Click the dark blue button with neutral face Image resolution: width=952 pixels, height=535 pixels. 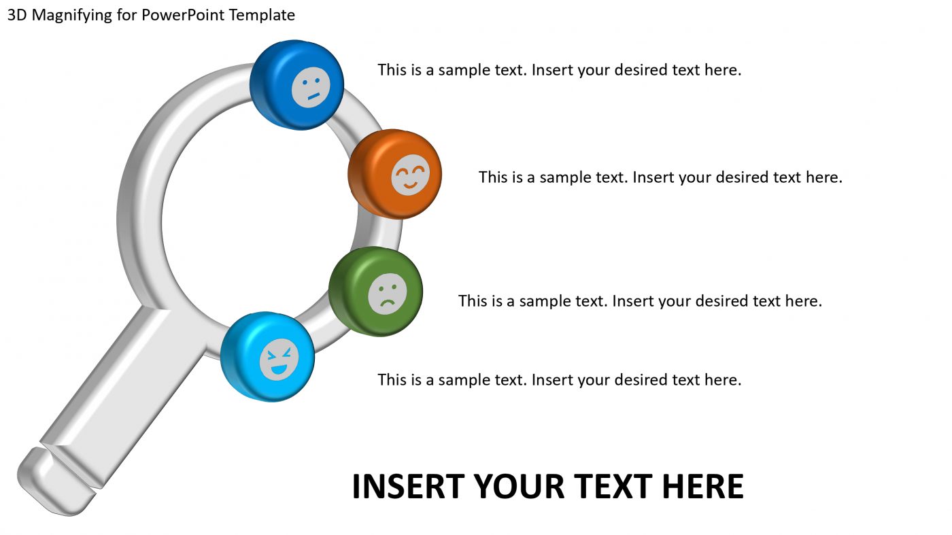pyautogui.click(x=297, y=84)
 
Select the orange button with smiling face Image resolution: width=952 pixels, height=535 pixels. pyautogui.click(x=394, y=174)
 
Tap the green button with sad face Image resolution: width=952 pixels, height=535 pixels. pyautogui.click(x=375, y=291)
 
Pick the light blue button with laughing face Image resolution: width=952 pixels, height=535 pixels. pyautogui.click(x=268, y=356)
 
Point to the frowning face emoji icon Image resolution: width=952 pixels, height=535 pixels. pyautogui.click(x=388, y=294)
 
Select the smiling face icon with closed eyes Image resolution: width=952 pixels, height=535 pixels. pyautogui.click(x=411, y=175)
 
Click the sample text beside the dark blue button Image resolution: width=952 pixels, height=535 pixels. pyautogui.click(x=559, y=69)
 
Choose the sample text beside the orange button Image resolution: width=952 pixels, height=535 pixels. pyautogui.click(x=660, y=177)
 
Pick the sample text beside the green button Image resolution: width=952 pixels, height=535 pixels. pyautogui.click(x=640, y=300)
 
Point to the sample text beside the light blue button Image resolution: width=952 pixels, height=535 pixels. pyautogui.click(x=559, y=379)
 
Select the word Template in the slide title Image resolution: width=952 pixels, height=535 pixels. pyautogui.click(x=262, y=15)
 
